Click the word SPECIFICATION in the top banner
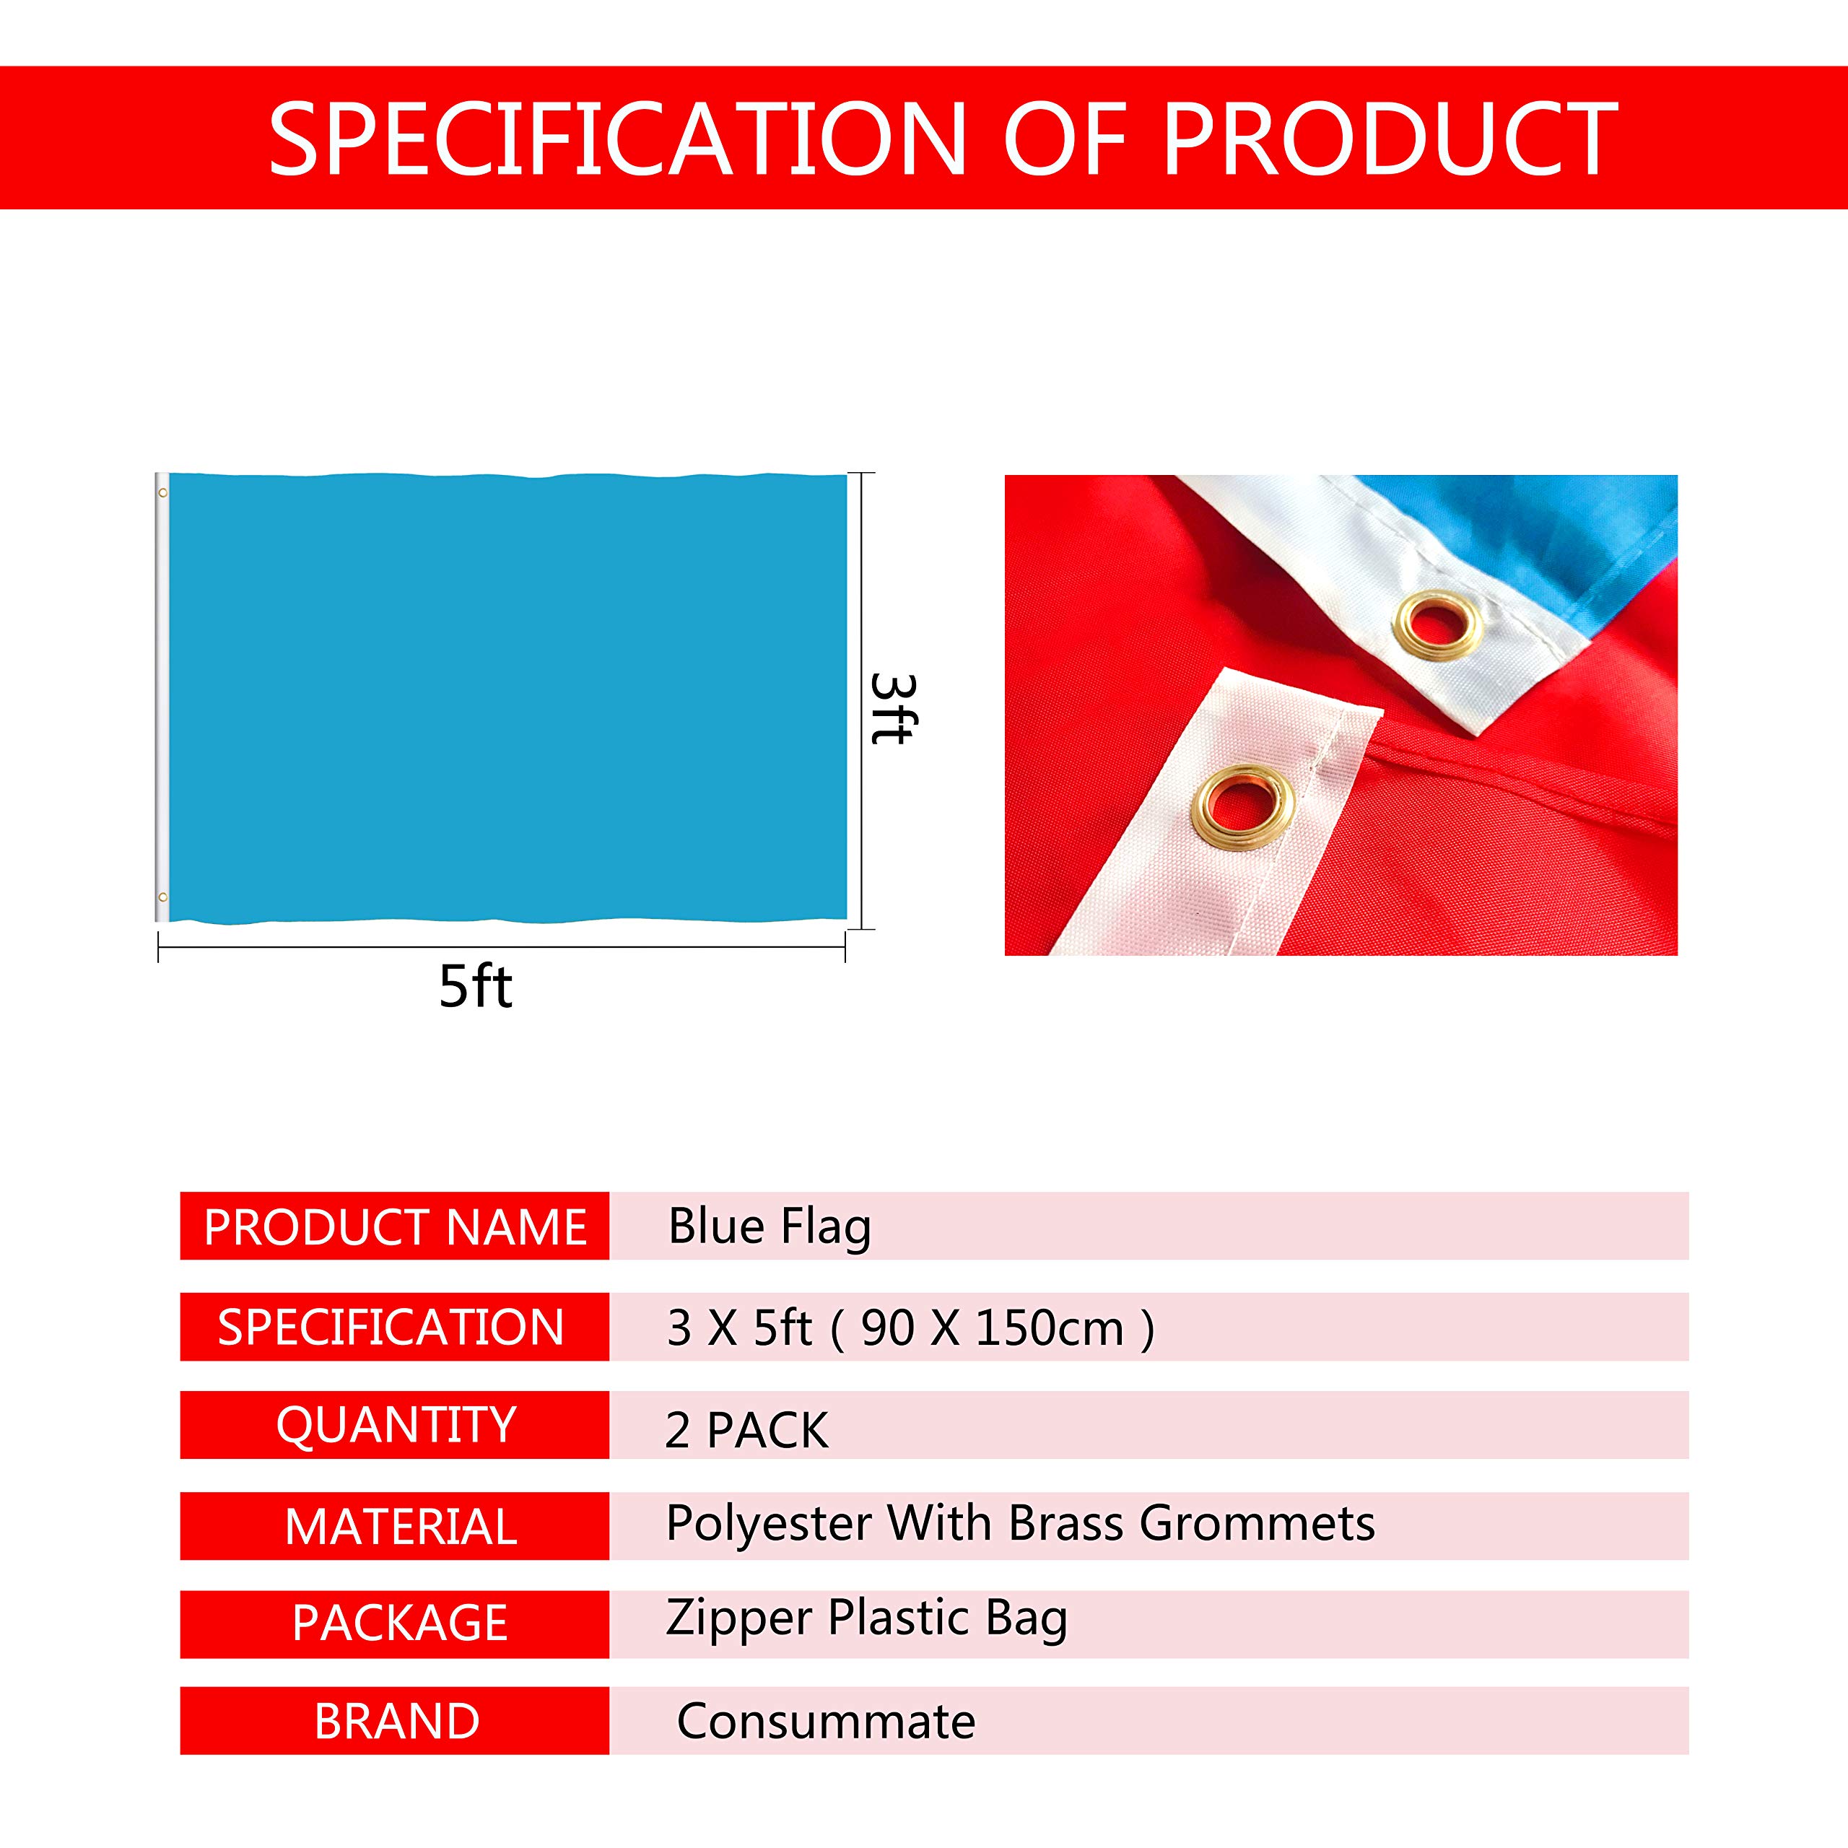(x=617, y=139)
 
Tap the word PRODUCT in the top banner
(x=1390, y=139)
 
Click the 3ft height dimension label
(x=892, y=708)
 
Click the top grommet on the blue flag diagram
(x=162, y=492)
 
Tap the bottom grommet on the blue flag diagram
(x=162, y=897)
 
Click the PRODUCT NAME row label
(x=395, y=1227)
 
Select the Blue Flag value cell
(x=769, y=1226)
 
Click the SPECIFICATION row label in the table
(x=391, y=1327)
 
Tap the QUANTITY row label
(x=396, y=1425)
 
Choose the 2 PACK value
(x=746, y=1430)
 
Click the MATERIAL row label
(x=401, y=1525)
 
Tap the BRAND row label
(x=397, y=1722)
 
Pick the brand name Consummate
(x=826, y=1722)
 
